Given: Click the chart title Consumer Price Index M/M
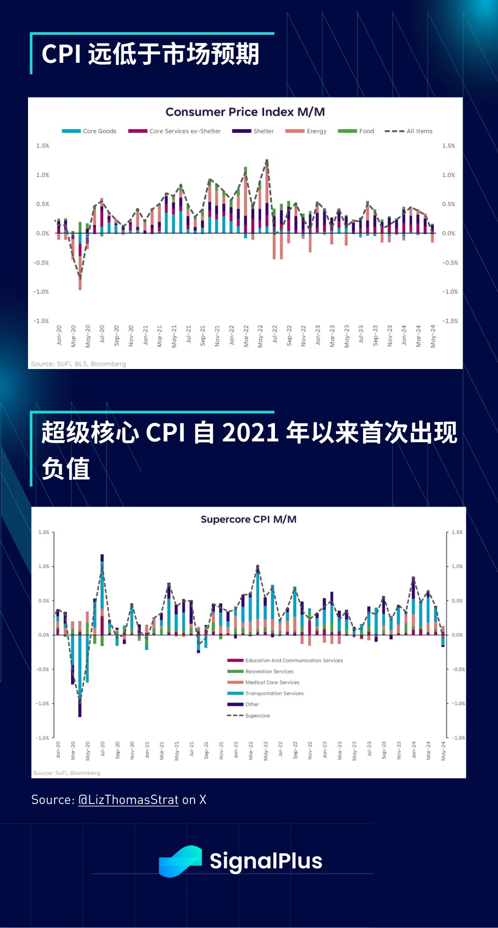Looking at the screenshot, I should pos(245,112).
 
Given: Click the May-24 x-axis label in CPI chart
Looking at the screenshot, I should pos(433,336).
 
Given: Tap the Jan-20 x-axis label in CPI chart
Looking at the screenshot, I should pos(59,336).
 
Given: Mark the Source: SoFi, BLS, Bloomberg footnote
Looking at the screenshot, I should pos(78,364).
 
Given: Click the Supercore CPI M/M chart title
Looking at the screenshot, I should pos(248,520).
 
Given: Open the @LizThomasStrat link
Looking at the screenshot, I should pos(128,800).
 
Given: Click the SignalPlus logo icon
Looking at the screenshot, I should pos(180,861).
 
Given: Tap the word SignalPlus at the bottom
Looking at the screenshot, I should pos(266,861).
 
